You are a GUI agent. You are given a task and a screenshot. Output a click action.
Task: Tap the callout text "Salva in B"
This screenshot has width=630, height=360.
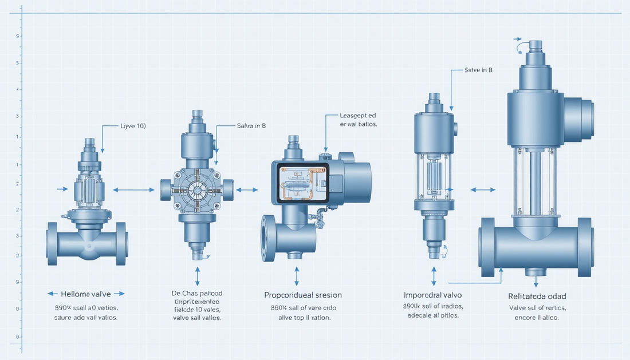(x=251, y=125)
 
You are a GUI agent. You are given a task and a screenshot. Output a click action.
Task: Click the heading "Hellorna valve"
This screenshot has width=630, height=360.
(x=86, y=294)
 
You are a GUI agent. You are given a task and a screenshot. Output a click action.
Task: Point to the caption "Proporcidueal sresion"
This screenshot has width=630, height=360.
(x=303, y=295)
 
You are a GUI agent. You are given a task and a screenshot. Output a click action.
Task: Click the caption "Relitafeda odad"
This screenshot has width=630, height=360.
(x=536, y=296)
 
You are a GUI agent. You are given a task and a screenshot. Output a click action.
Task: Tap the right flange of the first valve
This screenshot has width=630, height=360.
(x=121, y=244)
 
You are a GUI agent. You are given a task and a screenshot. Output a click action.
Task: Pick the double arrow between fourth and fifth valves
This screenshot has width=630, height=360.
(x=483, y=189)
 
